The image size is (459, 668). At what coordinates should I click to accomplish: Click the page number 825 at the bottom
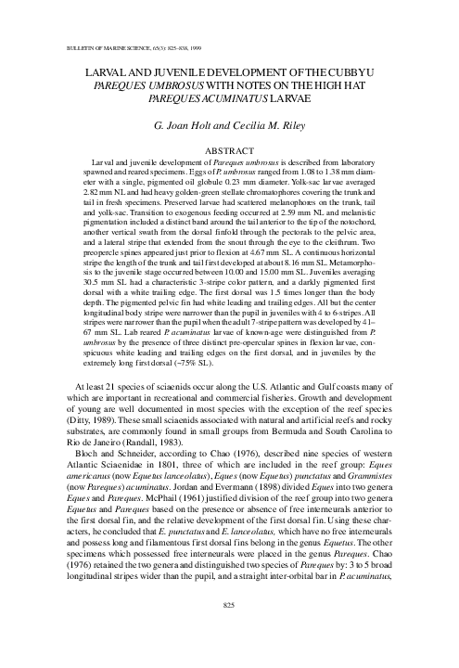[x=229, y=630]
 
